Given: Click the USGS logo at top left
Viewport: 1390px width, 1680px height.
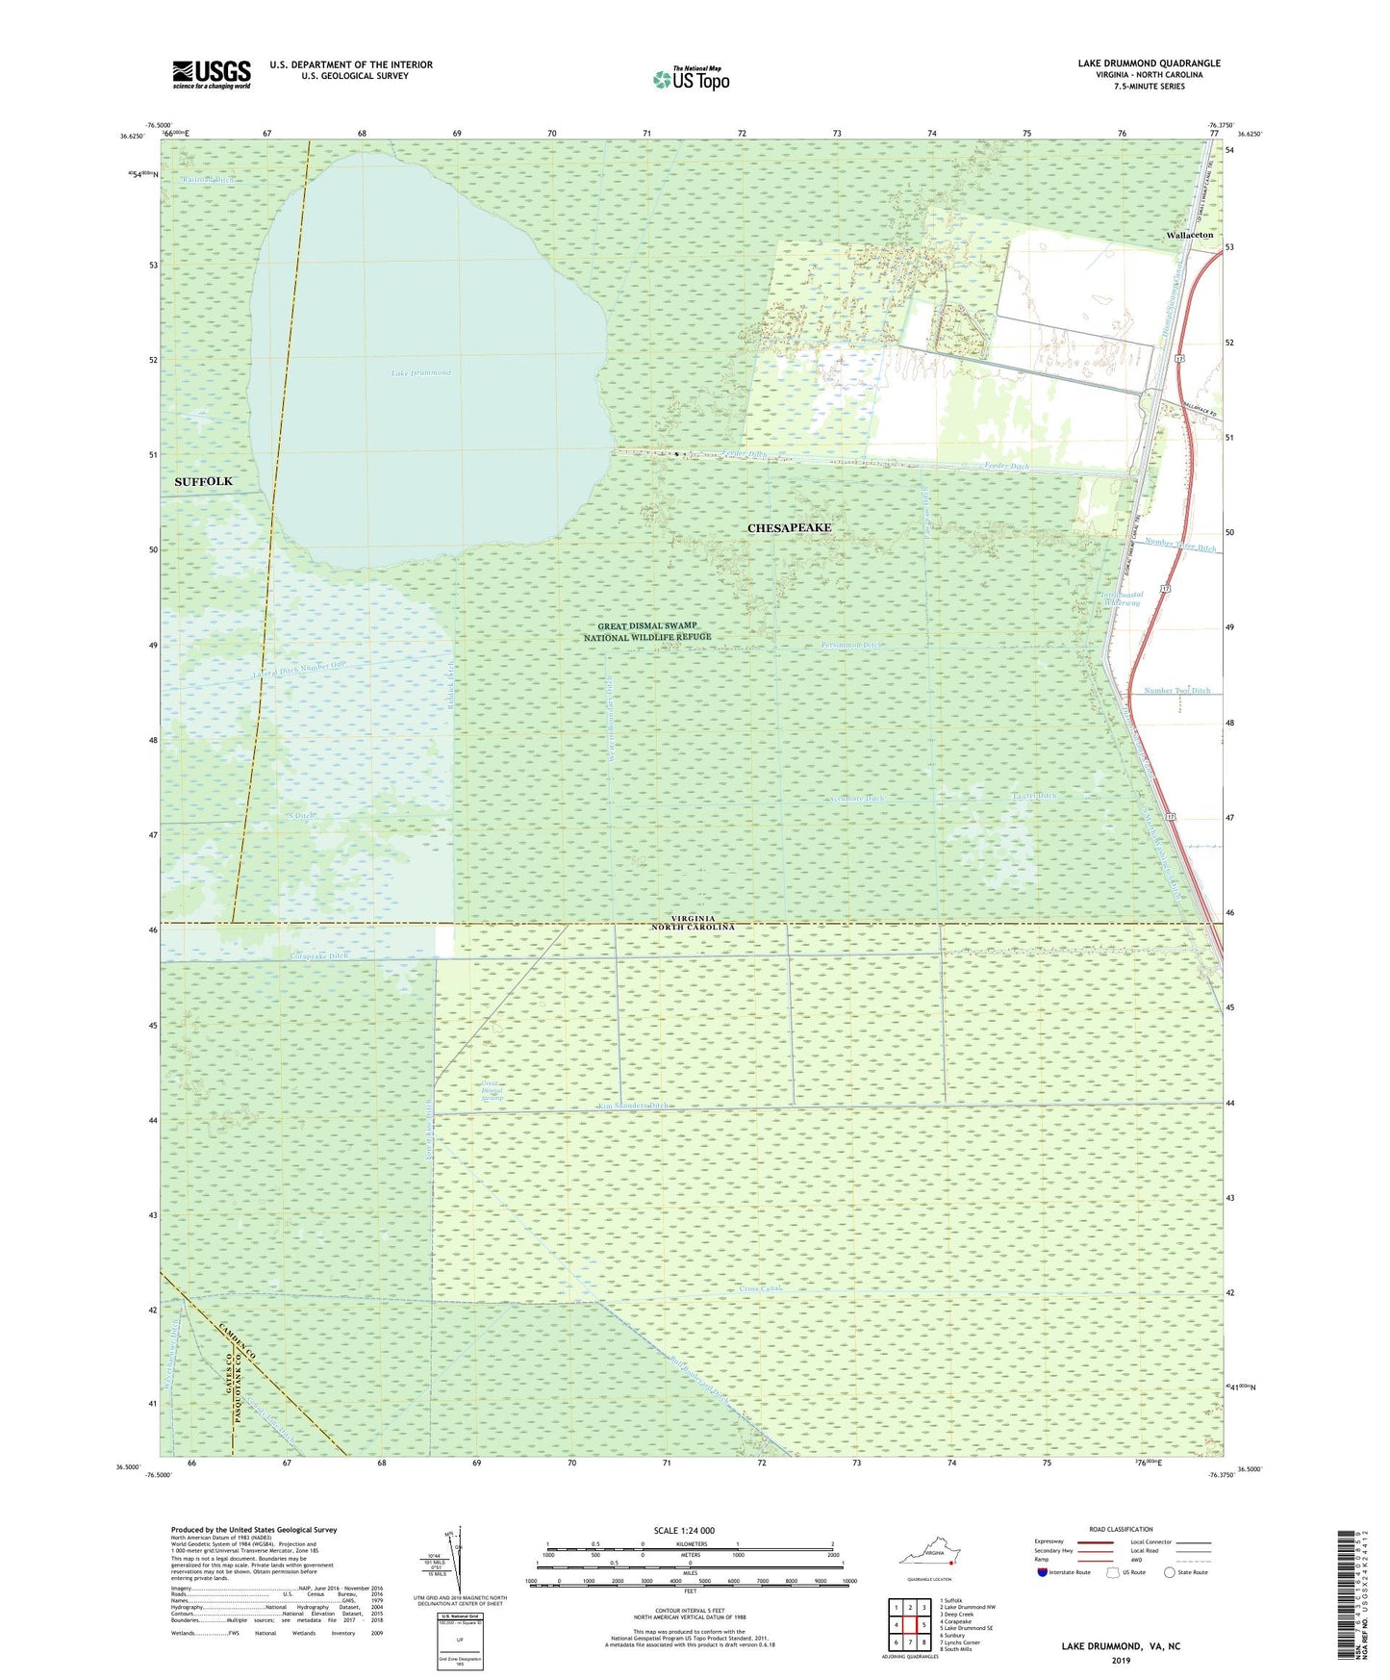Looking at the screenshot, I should coord(211,74).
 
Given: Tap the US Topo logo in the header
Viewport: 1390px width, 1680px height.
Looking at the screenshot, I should coord(691,79).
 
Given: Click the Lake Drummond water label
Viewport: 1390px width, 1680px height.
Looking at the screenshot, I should coord(420,372).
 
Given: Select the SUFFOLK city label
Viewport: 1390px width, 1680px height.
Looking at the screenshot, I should coord(203,481).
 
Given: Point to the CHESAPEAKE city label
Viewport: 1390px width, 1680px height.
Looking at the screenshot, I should coord(789,528).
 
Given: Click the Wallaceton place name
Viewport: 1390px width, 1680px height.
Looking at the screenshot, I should coord(1189,235).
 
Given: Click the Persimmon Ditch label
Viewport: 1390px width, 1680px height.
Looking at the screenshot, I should coord(850,645).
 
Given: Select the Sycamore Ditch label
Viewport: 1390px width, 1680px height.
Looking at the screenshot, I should coord(856,799).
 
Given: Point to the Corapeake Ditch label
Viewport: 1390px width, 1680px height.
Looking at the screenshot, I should coord(318,956).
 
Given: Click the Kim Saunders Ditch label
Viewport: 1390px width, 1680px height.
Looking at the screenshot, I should coord(632,1107).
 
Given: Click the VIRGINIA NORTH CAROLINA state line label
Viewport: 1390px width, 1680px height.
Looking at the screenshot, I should coord(682,922).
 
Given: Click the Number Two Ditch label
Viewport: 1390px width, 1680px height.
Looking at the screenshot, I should coord(1176,691).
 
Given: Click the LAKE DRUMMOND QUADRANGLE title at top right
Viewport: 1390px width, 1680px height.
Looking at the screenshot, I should coord(1149,64).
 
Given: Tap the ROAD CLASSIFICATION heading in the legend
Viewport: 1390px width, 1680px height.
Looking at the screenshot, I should coord(1121,1529).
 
